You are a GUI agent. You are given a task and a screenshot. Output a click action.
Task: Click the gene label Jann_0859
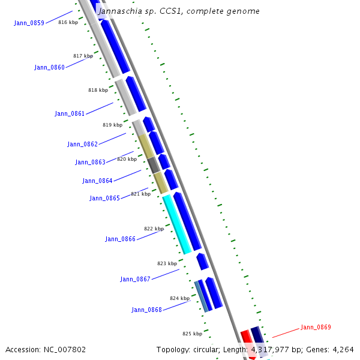(x=29, y=23)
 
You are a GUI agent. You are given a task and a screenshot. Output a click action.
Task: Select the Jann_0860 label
(x=49, y=67)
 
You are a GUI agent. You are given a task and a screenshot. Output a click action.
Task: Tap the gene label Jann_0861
(x=70, y=113)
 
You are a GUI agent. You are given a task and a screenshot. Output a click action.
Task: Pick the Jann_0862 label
(x=82, y=144)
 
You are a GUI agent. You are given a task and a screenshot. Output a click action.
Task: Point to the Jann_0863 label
(x=90, y=162)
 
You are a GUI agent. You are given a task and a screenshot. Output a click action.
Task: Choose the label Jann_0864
(x=97, y=181)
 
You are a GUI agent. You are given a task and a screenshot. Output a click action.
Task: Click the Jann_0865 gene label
(x=104, y=198)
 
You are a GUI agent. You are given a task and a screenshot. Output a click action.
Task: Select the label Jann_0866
(x=120, y=239)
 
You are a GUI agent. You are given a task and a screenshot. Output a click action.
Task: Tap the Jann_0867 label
(x=135, y=279)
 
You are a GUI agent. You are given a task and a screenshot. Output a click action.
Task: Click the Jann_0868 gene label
(x=146, y=310)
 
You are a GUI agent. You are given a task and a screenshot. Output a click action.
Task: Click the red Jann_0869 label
(x=316, y=327)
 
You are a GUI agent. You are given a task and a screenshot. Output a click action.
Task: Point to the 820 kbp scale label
(x=127, y=159)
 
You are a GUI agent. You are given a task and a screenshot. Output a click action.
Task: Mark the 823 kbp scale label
(x=167, y=263)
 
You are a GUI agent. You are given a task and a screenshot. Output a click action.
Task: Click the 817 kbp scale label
(x=83, y=56)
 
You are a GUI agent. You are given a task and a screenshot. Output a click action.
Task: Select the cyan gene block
(x=177, y=224)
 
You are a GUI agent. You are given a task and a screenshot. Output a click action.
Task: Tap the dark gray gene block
(x=154, y=165)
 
